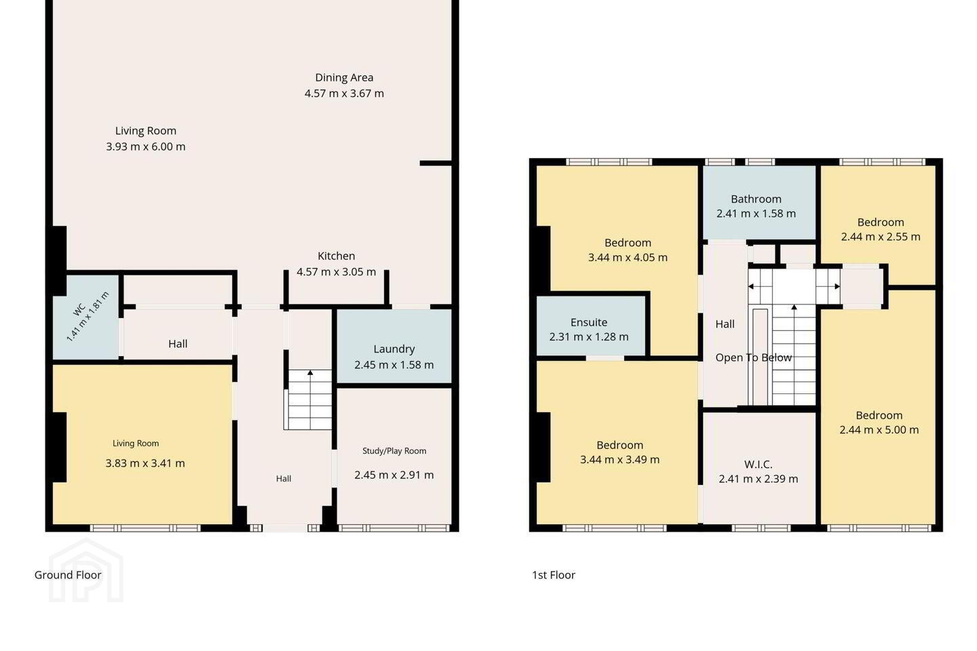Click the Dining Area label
click(344, 77)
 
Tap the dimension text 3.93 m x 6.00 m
click(146, 146)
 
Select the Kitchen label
click(337, 256)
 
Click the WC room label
click(79, 310)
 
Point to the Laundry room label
click(394, 349)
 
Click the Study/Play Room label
click(394, 451)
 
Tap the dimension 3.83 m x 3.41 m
click(145, 463)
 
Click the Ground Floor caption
click(68, 575)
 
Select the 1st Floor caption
click(554, 575)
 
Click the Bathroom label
click(756, 199)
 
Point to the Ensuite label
click(589, 322)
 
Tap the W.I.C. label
click(758, 465)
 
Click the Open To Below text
click(753, 357)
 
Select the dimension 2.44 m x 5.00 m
click(879, 429)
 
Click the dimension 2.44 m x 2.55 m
click(881, 237)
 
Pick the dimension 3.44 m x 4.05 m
click(628, 257)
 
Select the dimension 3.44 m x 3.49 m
click(619, 459)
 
